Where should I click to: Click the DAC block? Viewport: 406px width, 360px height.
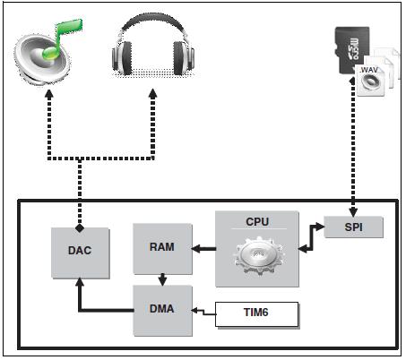pos(82,251)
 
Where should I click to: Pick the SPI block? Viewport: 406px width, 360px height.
pos(351,228)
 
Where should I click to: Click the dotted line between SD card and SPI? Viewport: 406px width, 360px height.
pos(352,152)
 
